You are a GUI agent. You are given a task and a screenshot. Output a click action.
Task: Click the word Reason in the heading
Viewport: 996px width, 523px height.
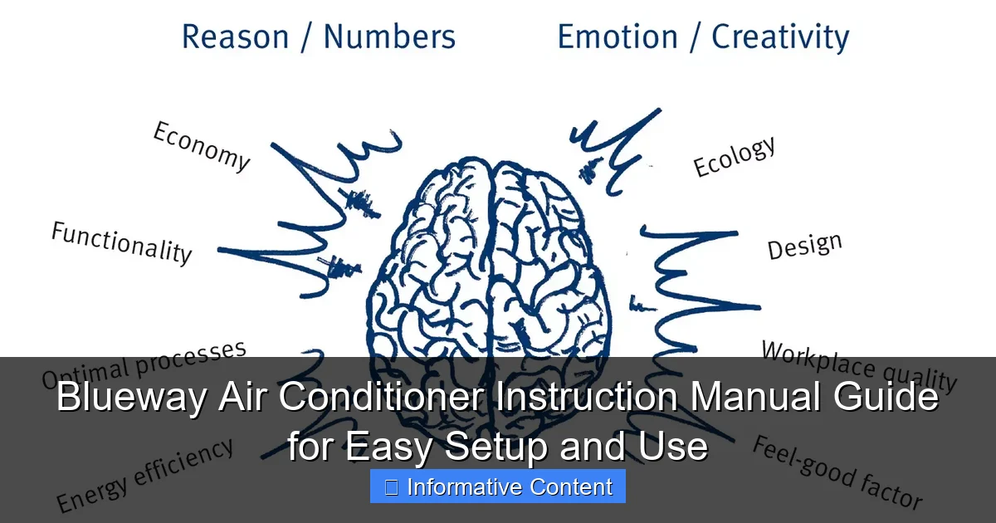(236, 37)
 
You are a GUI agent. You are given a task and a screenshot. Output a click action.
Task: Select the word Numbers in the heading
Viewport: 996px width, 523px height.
(389, 37)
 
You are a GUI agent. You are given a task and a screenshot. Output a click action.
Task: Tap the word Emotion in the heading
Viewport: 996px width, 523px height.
(618, 37)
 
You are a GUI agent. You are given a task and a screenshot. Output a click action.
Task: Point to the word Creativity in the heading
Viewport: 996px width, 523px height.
(780, 38)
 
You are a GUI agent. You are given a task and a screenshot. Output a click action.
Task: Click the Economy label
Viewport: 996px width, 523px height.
(202, 145)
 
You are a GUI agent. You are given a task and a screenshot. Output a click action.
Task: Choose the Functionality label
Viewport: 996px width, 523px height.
(122, 242)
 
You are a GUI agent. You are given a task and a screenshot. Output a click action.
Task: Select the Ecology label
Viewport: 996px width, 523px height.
(735, 156)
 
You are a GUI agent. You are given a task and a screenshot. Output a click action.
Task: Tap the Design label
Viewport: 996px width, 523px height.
(804, 246)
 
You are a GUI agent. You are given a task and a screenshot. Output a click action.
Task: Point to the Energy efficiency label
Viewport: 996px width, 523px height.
(145, 475)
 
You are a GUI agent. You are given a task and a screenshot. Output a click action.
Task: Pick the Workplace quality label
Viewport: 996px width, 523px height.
(859, 366)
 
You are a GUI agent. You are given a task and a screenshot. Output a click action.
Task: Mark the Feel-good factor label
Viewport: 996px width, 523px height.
(837, 472)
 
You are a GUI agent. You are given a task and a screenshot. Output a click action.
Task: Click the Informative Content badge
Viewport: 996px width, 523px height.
(498, 486)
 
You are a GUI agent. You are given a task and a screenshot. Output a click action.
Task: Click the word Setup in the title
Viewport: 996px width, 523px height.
(497, 447)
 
